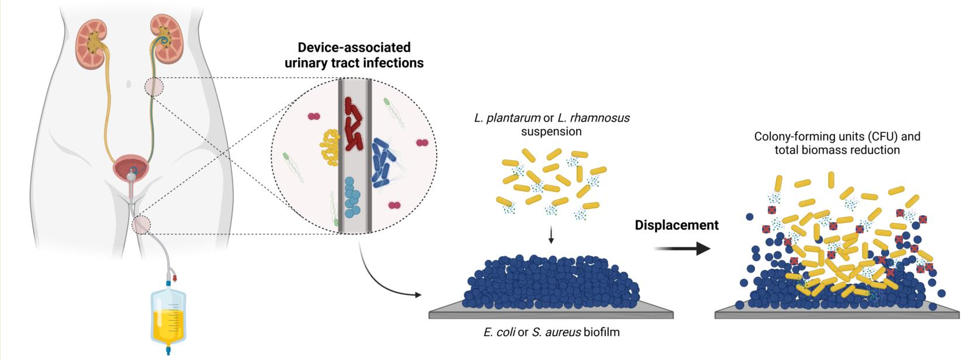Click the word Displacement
point(676,225)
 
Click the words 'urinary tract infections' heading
point(354,63)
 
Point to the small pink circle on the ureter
point(154,87)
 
